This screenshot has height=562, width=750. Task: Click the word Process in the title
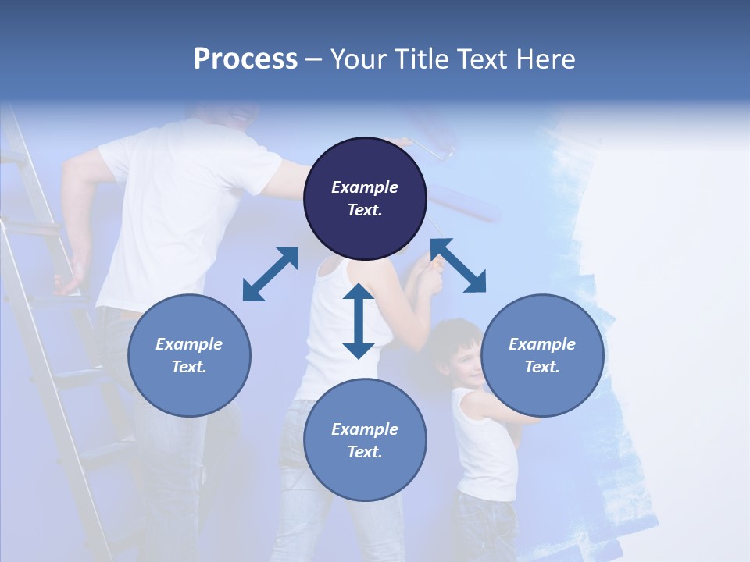pyautogui.click(x=245, y=59)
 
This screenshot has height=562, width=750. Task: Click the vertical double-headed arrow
pyautogui.click(x=359, y=321)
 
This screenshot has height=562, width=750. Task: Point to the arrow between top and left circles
pyautogui.click(x=270, y=273)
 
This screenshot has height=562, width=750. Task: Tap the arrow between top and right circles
pyautogui.click(x=458, y=265)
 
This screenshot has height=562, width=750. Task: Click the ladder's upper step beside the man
pyautogui.click(x=31, y=227)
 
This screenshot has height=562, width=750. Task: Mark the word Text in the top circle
pyautogui.click(x=365, y=210)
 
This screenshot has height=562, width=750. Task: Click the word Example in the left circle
pyautogui.click(x=189, y=344)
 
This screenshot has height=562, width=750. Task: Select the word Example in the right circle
pyautogui.click(x=542, y=344)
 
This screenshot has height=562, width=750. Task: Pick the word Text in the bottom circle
pyautogui.click(x=365, y=452)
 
